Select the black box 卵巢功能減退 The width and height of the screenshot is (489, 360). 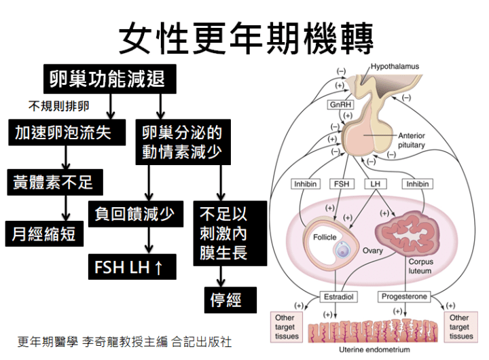tap(107, 79)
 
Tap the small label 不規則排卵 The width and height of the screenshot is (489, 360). tap(58, 107)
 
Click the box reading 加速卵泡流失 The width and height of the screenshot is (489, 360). tap(62, 132)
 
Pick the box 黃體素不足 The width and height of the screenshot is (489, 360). tap(53, 183)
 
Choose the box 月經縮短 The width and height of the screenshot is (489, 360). tap(43, 234)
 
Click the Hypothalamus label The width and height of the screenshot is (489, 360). tap(395, 67)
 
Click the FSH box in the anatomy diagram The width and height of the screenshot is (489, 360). tap(341, 184)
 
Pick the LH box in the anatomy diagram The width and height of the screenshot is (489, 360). tap(374, 184)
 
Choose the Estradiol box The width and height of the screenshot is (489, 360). tap(339, 297)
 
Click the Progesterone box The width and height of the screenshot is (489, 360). tap(404, 297)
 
